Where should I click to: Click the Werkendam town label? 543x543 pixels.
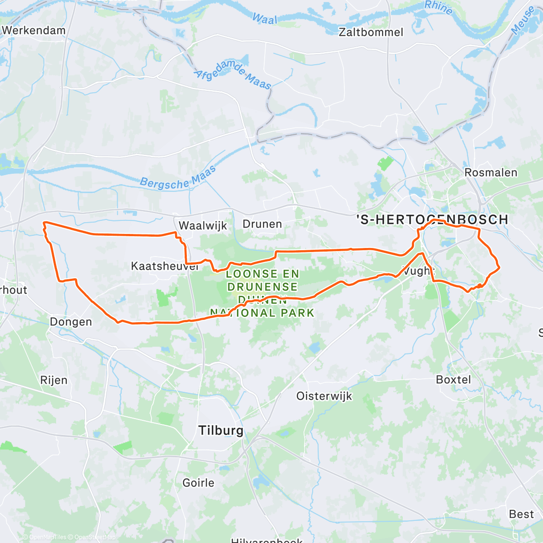pyautogui.click(x=34, y=30)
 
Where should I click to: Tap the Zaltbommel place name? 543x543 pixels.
pyautogui.click(x=371, y=32)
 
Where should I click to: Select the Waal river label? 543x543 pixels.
pyautogui.click(x=265, y=19)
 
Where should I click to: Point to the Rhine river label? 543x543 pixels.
pyautogui.click(x=438, y=7)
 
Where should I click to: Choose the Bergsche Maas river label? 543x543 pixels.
pyautogui.click(x=177, y=178)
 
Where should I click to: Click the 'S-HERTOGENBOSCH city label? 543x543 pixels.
pyautogui.click(x=433, y=220)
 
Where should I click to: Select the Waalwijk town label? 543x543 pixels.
pyautogui.click(x=203, y=225)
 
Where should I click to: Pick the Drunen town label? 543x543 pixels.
pyautogui.click(x=262, y=224)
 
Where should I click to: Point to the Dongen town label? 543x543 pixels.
pyautogui.click(x=71, y=322)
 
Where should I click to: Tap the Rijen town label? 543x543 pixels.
pyautogui.click(x=54, y=380)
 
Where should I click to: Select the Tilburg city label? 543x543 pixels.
pyautogui.click(x=221, y=430)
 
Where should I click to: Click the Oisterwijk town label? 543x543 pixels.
pyautogui.click(x=324, y=396)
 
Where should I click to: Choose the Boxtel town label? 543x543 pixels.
pyautogui.click(x=453, y=380)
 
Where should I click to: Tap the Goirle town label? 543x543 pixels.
pyautogui.click(x=198, y=483)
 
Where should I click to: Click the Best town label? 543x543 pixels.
pyautogui.click(x=521, y=514)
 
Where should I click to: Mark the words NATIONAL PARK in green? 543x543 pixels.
pyautogui.click(x=262, y=313)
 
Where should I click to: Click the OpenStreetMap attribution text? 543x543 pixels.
pyautogui.click(x=95, y=537)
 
